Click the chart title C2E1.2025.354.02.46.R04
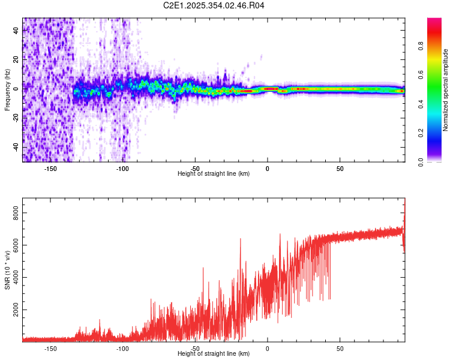pyautogui.click(x=214, y=5)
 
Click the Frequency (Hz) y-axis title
pyautogui.click(x=7, y=90)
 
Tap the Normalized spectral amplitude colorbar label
pyautogui.click(x=446, y=90)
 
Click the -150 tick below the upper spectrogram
pyautogui.click(x=50, y=168)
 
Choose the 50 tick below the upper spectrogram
pyautogui.click(x=340, y=168)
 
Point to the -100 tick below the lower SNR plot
pyautogui.click(x=122, y=348)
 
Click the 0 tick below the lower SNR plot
pyautogui.click(x=268, y=348)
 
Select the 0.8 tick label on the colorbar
pyautogui.click(x=422, y=47)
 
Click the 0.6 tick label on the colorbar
pyautogui.click(x=422, y=76)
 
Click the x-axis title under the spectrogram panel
pyautogui.click(x=214, y=173)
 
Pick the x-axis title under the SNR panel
pyautogui.click(x=214, y=353)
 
